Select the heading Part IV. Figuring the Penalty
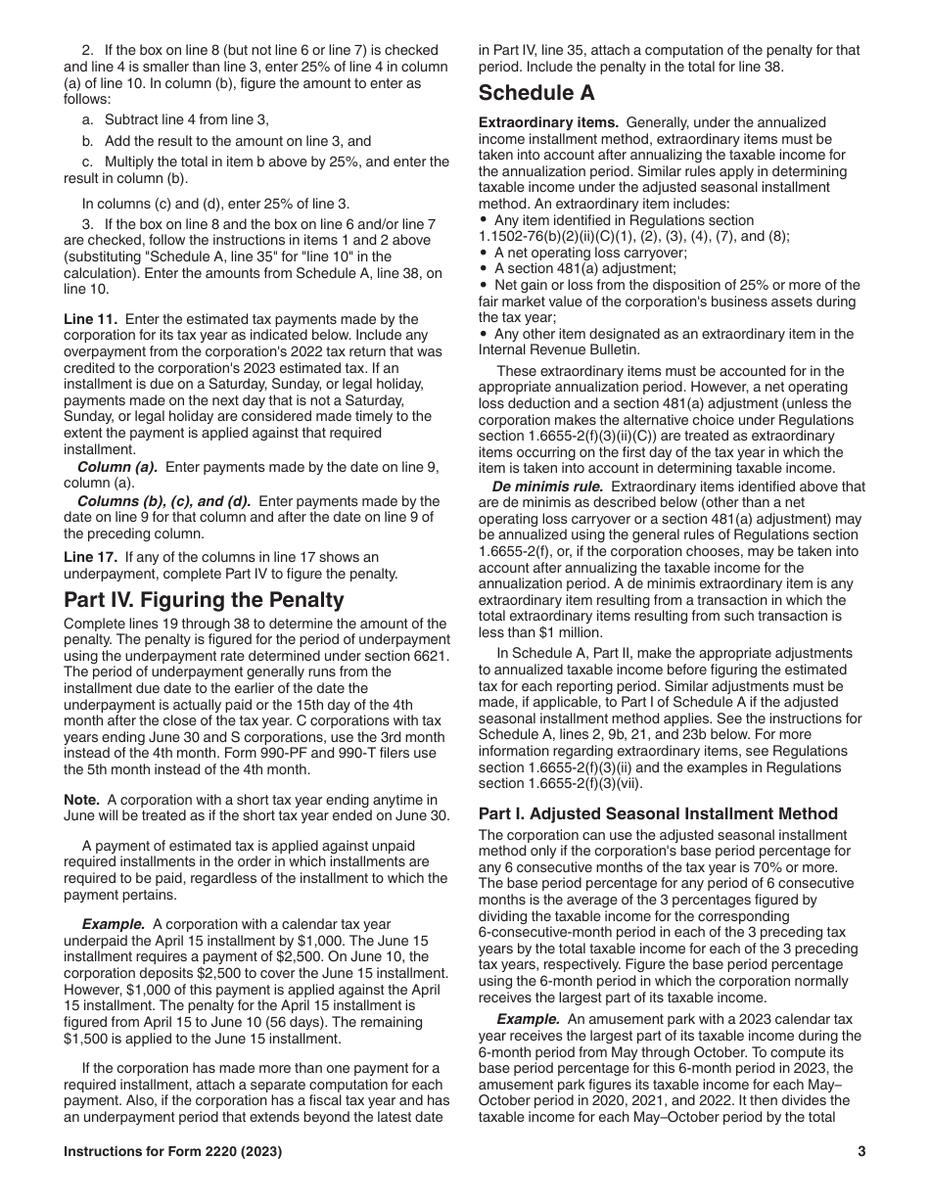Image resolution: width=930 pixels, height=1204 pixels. (x=204, y=599)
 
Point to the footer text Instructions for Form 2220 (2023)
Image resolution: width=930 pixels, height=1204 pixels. (x=173, y=1152)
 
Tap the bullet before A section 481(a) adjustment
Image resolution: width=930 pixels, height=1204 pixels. (x=484, y=268)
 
